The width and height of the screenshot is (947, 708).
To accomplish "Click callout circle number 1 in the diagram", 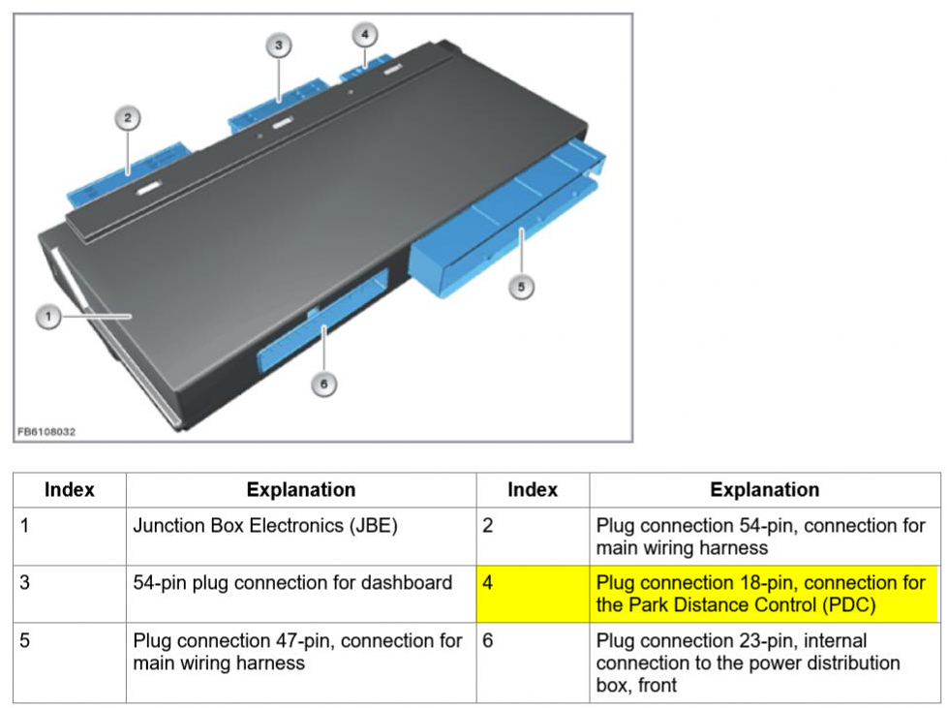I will click(x=48, y=317).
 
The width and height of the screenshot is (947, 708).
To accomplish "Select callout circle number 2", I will click(x=126, y=119).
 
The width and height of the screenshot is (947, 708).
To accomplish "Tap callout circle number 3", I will click(x=278, y=46).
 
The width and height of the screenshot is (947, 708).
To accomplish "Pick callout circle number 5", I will click(x=521, y=288).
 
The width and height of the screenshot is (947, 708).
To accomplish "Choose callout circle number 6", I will click(x=323, y=385).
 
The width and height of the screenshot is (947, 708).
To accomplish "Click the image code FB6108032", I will click(x=46, y=431).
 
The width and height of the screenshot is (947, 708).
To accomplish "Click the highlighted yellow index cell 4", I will click(x=533, y=594).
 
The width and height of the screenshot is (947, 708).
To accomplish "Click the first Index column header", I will click(x=69, y=490).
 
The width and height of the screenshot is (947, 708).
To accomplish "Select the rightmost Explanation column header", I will click(x=765, y=490).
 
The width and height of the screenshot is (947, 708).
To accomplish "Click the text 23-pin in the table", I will click(x=783, y=641).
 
